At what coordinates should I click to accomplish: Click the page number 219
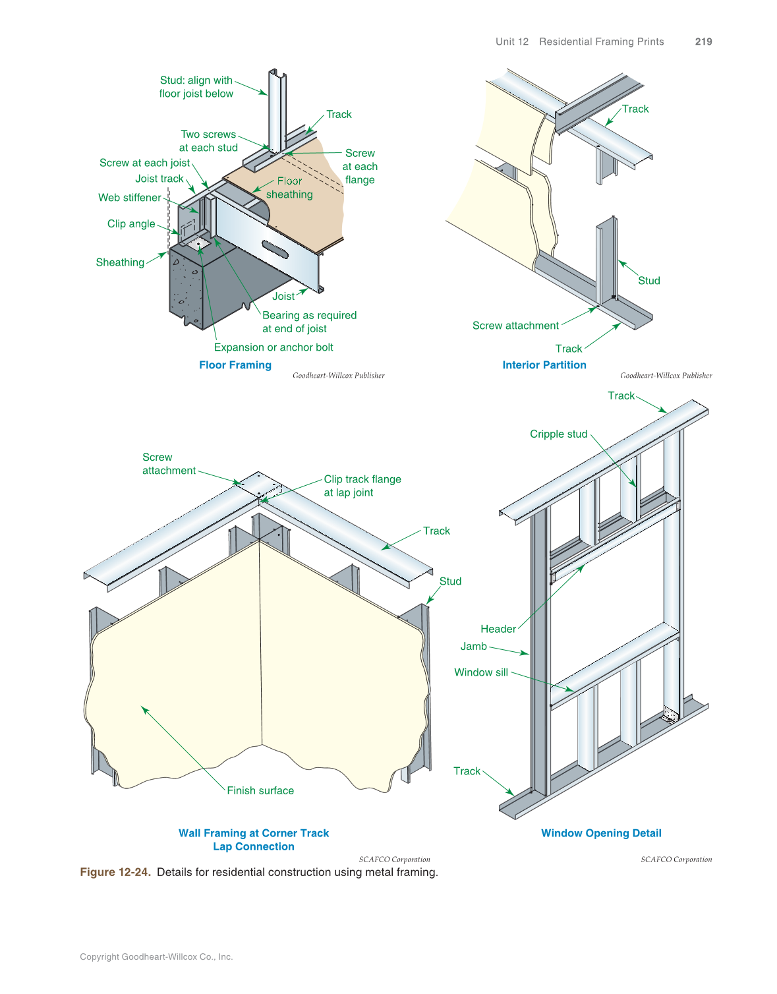coord(703,42)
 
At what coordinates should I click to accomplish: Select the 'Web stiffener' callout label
coord(130,198)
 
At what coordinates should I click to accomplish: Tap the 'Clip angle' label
coord(131,224)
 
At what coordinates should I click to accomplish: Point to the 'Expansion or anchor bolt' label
coord(273,347)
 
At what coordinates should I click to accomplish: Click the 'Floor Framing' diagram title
coord(235,365)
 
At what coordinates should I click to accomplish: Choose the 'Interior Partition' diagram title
coord(544,365)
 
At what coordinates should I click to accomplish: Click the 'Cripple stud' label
coord(558,434)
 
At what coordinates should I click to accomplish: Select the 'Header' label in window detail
coord(498,629)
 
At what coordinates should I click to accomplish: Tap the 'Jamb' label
coord(473,647)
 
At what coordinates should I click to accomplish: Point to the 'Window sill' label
coord(481,672)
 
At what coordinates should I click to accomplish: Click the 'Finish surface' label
coord(260,790)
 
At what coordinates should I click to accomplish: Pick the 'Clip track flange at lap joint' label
coord(362,486)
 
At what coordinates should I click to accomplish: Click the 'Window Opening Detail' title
coord(601,833)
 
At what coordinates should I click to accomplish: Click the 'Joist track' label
coord(159,179)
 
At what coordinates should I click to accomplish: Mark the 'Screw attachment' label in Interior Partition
coord(515,326)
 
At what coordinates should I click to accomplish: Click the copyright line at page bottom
coord(156,956)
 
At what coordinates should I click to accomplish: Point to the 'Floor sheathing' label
coord(289,188)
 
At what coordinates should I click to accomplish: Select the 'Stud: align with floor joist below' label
coord(196,87)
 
